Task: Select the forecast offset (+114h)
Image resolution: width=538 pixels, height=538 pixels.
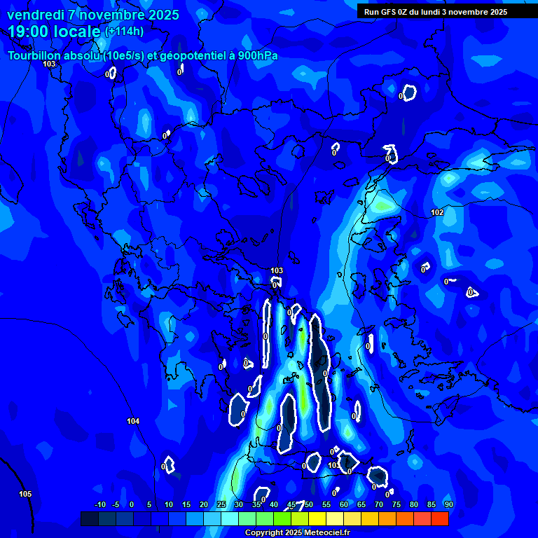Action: (124, 32)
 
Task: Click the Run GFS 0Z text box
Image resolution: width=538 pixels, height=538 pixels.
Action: (435, 11)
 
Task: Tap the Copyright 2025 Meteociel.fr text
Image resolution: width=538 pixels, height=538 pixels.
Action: (296, 533)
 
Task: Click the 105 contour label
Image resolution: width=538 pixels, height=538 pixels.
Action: (25, 494)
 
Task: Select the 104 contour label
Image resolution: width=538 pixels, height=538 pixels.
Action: (133, 421)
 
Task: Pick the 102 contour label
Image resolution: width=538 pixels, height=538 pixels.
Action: (437, 212)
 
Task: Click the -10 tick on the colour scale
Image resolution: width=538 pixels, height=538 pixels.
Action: (99, 504)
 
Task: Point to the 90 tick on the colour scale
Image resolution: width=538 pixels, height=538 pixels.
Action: (448, 504)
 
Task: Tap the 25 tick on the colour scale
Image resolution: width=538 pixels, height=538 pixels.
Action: (221, 504)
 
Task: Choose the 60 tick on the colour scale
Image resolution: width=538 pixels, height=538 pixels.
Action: (343, 504)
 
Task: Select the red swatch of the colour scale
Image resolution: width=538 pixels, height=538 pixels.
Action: (440, 518)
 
